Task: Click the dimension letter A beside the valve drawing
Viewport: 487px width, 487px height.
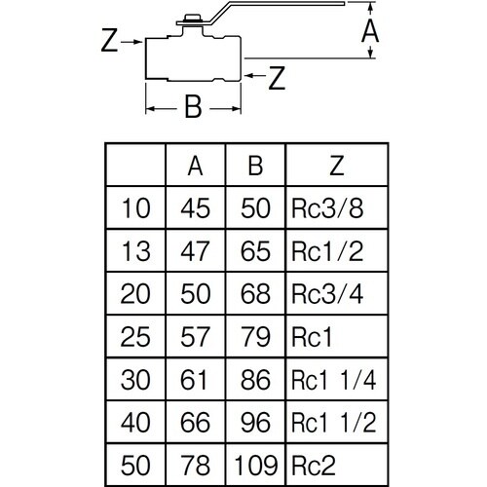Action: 370,32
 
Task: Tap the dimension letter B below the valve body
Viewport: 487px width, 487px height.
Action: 194,106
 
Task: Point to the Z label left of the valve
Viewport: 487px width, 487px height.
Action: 109,40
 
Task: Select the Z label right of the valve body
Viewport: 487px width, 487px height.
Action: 277,78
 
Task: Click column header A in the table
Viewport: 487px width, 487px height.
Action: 195,166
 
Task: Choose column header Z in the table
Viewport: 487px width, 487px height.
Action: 337,166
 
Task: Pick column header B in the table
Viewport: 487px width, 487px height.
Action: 255,166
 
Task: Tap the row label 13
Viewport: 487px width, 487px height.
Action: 135,251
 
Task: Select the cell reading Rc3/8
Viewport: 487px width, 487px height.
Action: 327,208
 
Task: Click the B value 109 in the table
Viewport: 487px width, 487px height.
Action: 256,466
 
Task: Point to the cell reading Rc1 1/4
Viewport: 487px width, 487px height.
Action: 334,380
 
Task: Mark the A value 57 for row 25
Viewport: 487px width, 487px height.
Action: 195,337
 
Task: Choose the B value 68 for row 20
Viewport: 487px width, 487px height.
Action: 255,294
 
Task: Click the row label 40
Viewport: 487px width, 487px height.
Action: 135,423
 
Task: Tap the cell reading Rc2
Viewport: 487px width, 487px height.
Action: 314,466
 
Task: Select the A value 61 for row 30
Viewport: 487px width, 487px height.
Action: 194,380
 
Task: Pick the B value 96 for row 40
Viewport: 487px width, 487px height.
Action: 255,423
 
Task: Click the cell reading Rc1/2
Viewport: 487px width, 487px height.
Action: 327,251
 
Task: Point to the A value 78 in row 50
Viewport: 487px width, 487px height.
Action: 196,466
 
